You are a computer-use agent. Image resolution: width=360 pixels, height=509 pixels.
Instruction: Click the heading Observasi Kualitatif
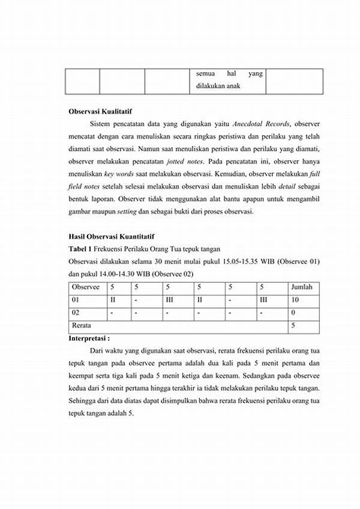coord(100,112)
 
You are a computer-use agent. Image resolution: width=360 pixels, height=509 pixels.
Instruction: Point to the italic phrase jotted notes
coord(185,161)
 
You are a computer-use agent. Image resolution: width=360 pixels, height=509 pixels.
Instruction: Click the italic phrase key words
coord(118,174)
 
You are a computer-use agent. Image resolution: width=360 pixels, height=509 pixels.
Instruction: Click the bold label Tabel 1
coord(80,248)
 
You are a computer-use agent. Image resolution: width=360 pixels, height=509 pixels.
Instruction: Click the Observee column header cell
coord(86,287)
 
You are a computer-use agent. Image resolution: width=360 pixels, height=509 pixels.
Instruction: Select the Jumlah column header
coord(301,287)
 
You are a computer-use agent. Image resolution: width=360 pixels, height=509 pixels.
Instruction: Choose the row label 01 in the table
coord(76,300)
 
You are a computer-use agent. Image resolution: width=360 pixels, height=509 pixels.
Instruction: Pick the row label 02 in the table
coord(76,312)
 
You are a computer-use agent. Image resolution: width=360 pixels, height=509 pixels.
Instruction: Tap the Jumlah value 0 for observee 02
coord(292,312)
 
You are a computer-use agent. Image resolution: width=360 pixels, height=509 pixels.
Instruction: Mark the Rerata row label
coord(82,325)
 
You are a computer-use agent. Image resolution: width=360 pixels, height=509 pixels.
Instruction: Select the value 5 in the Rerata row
coord(292,325)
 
